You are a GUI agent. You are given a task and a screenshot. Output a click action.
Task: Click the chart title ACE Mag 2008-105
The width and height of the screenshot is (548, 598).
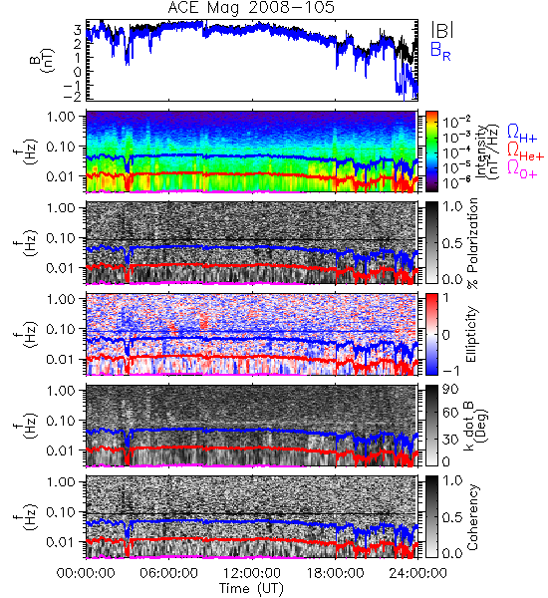(251, 7)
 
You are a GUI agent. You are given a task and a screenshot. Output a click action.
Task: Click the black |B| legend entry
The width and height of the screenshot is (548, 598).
(442, 30)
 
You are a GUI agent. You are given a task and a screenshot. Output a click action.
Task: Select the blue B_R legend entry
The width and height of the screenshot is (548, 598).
(440, 51)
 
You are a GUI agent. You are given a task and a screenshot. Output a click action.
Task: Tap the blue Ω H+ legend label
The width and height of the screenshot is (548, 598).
(522, 134)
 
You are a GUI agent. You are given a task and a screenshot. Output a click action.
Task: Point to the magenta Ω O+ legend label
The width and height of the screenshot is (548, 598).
(522, 169)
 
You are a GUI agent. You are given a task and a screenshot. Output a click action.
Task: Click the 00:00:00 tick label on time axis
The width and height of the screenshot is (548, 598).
(86, 573)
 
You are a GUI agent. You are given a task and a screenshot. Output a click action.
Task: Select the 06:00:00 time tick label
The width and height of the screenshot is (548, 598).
(169, 573)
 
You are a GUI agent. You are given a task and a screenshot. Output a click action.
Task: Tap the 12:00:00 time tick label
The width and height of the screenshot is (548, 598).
(252, 573)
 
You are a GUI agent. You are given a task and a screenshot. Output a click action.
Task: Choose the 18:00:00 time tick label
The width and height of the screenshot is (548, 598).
(335, 573)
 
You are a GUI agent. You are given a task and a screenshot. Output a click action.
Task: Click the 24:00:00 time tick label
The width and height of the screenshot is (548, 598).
(417, 573)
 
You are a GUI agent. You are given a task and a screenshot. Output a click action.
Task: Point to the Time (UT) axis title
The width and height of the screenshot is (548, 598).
(252, 588)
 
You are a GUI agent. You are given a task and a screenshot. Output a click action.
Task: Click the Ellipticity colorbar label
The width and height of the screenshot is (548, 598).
(471, 335)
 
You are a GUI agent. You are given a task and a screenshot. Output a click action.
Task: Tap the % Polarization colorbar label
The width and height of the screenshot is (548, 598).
(472, 243)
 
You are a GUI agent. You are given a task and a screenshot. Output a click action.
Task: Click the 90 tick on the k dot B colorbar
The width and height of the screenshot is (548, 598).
(450, 390)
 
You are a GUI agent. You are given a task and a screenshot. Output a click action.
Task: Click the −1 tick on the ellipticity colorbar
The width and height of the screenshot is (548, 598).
(450, 370)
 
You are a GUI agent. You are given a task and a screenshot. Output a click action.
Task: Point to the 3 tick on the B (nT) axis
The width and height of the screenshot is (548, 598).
(78, 29)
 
